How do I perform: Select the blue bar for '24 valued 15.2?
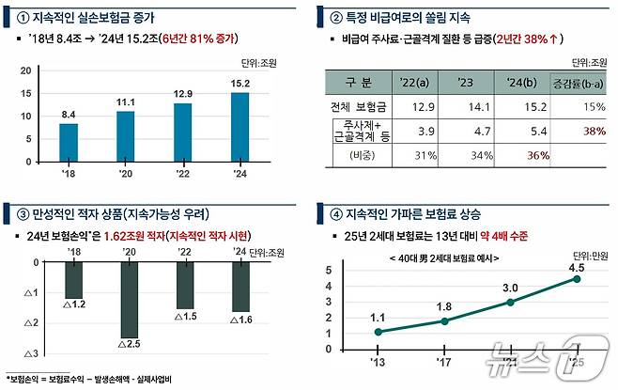(239, 127)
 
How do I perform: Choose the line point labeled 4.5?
(577, 278)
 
